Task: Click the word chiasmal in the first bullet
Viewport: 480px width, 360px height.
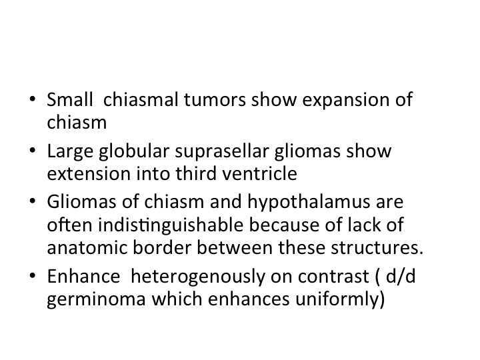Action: pos(141,99)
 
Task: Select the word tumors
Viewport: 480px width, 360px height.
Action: pos(215,100)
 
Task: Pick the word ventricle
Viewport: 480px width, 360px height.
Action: pos(259,173)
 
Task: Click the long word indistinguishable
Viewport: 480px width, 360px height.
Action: pos(171,226)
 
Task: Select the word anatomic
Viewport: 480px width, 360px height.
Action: pos(87,247)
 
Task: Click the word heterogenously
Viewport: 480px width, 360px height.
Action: pos(198,277)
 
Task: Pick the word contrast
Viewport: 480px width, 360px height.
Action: pos(333,277)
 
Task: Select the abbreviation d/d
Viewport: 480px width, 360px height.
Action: pos(401,277)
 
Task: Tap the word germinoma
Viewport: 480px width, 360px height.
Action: pos(96,300)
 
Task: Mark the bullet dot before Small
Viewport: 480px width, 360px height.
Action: pos(33,99)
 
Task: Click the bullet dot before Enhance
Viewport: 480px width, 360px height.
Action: pos(33,275)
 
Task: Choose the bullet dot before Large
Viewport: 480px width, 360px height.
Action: pos(33,150)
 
